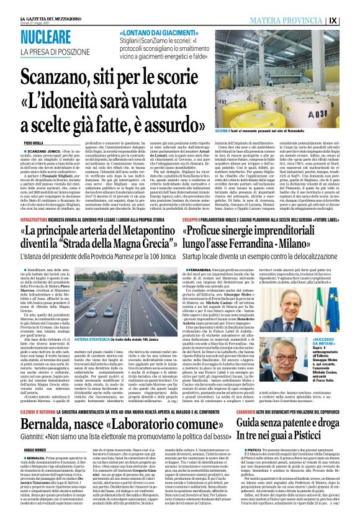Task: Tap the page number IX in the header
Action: (351, 20)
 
